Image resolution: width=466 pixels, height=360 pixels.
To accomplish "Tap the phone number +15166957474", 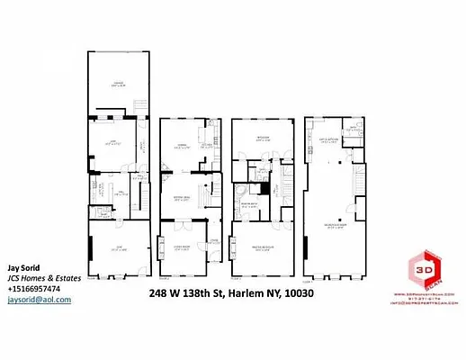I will [x=34, y=289].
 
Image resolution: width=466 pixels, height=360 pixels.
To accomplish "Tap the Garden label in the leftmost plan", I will [x=117, y=85].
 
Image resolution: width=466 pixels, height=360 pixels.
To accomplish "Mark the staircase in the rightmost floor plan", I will [x=362, y=185].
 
